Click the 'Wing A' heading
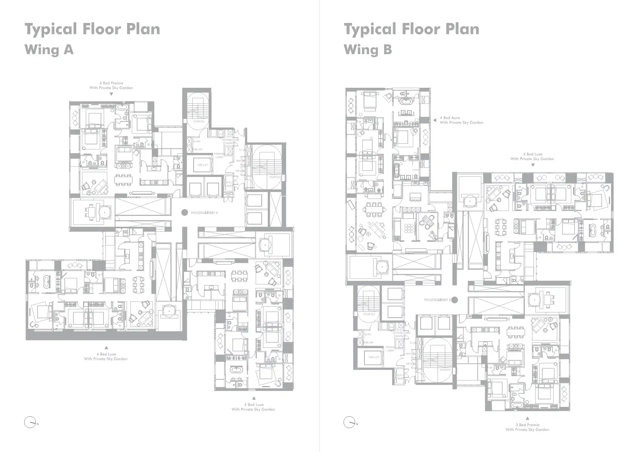[49, 49]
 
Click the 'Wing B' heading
[368, 49]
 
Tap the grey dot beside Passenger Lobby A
[184, 212]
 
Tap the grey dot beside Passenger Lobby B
[455, 300]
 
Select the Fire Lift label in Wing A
[203, 165]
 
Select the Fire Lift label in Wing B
[374, 357]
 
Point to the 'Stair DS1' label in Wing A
[275, 177]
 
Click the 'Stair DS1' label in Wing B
[445, 370]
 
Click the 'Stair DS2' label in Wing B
[369, 314]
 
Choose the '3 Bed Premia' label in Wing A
[111, 83]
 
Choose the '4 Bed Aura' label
[450, 118]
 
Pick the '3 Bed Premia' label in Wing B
[527, 425]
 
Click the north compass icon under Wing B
[350, 423]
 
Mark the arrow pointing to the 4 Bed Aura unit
[435, 120]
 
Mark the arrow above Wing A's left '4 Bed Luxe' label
[106, 348]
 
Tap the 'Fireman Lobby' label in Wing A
[219, 155]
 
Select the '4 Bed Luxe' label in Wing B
[532, 154]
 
